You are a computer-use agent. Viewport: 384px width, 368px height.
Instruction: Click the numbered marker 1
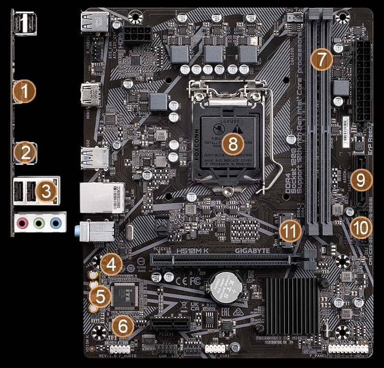click(24, 92)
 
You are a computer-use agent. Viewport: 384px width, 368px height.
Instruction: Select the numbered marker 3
click(46, 191)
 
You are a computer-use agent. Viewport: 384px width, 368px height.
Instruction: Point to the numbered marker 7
click(322, 59)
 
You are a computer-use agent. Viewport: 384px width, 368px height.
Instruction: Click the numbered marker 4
click(111, 265)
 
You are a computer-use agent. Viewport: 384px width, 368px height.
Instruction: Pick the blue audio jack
click(56, 224)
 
